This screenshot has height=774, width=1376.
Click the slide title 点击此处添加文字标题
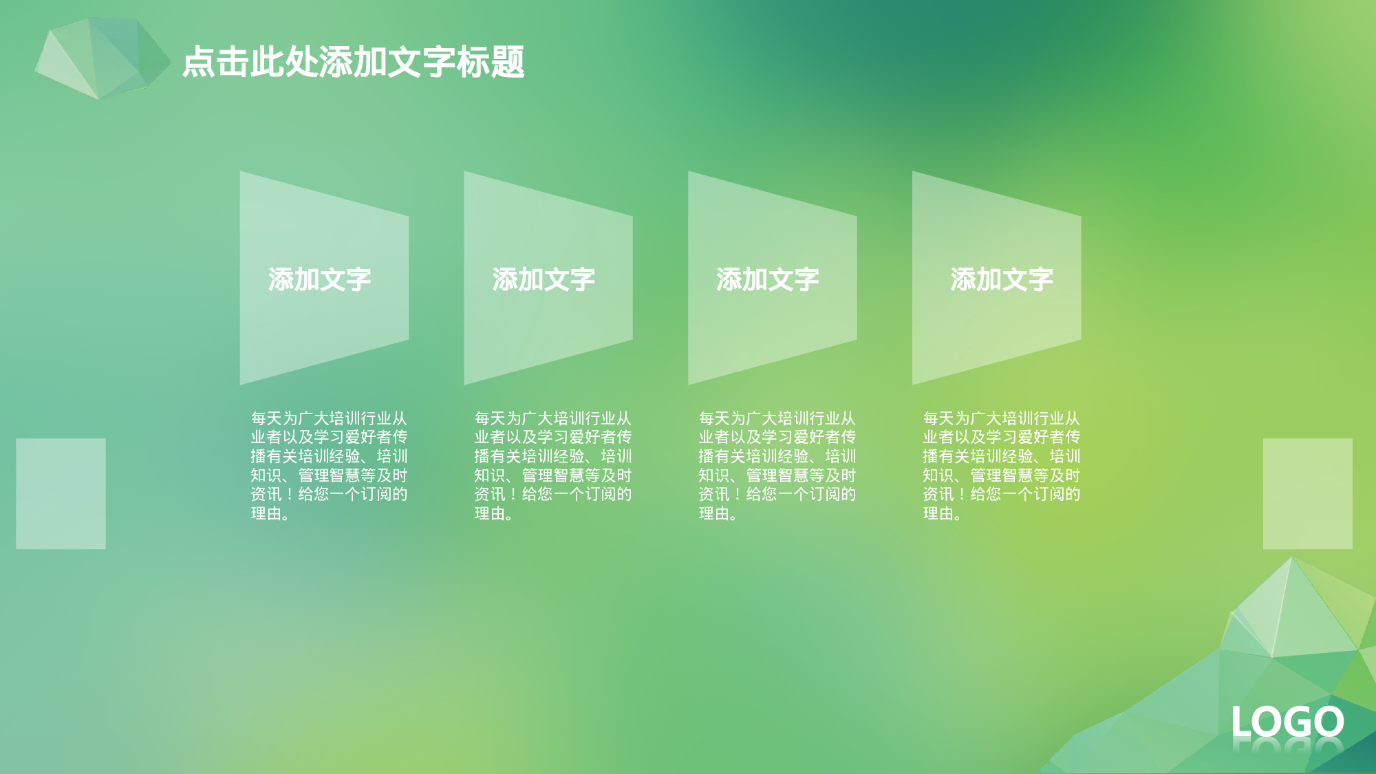point(353,62)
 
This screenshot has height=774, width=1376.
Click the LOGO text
point(1287,722)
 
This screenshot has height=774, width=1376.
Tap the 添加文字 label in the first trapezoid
point(319,279)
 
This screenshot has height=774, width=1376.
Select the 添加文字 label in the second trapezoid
point(544,279)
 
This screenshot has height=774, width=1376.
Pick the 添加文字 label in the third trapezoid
point(768,279)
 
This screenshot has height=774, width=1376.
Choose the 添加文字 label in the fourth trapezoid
point(1002,279)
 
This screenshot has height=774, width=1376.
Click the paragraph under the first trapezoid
point(329,466)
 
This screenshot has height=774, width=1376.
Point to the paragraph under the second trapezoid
point(552,466)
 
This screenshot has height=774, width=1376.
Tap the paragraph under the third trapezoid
point(777,466)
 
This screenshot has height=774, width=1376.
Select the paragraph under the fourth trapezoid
point(1001,466)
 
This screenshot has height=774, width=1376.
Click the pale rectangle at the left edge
point(61,493)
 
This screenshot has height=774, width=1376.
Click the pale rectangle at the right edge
point(1307,493)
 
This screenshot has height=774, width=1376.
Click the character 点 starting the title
point(199,62)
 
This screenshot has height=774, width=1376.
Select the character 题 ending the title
point(508,62)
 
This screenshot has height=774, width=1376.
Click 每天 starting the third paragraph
point(714,418)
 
